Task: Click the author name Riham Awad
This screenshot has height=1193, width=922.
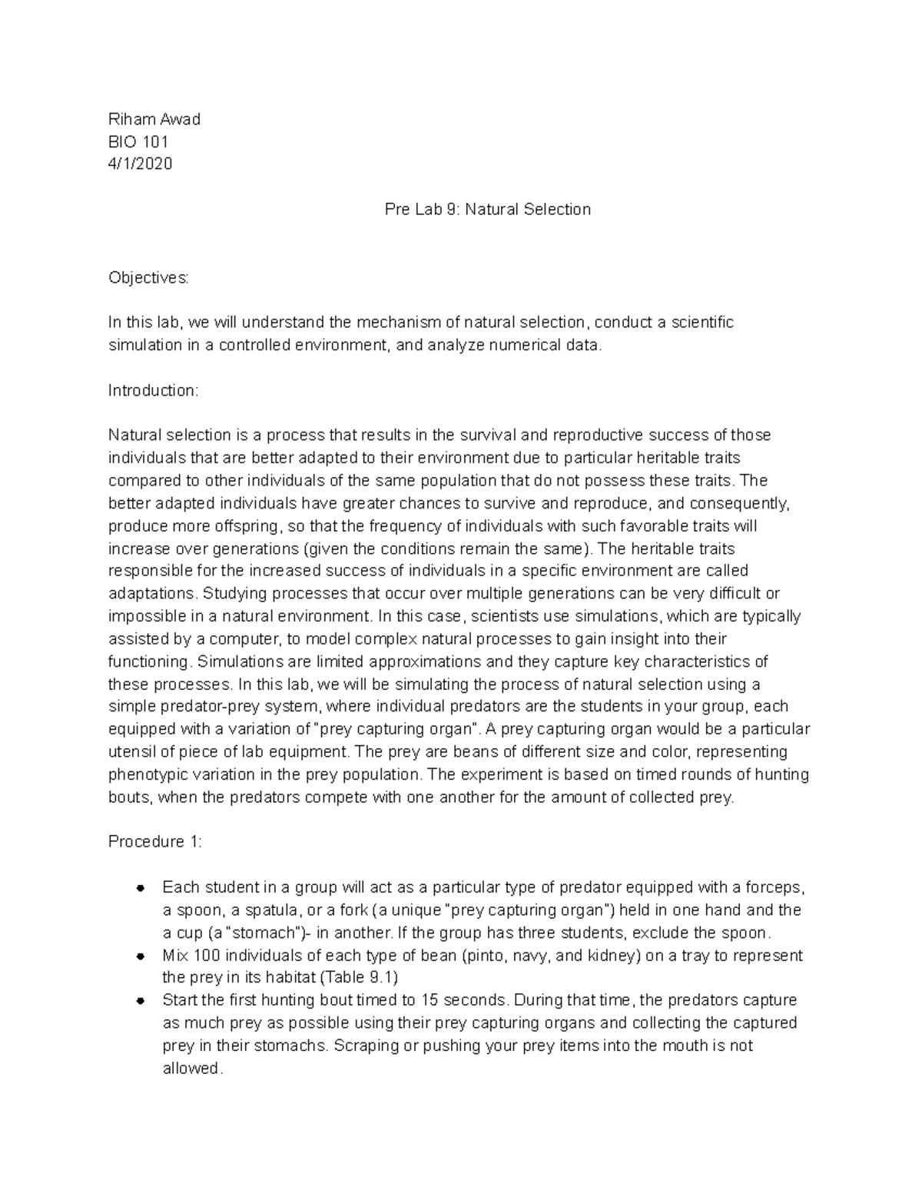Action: click(x=154, y=119)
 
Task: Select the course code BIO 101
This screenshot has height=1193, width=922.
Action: click(x=138, y=141)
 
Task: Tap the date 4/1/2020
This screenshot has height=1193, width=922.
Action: click(x=140, y=164)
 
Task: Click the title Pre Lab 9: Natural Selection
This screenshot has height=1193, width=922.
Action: click(x=487, y=209)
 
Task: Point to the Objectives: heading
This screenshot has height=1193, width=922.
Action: click(x=148, y=277)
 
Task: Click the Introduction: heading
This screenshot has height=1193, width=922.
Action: click(x=153, y=390)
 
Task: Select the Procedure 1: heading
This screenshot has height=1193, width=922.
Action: click(x=154, y=842)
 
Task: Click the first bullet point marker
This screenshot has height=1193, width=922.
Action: click(x=141, y=888)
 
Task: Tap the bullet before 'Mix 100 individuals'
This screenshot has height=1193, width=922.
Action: click(x=141, y=956)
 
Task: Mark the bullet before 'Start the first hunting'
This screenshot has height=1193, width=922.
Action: click(x=141, y=1001)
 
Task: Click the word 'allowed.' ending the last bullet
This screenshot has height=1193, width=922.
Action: click(x=192, y=1069)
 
